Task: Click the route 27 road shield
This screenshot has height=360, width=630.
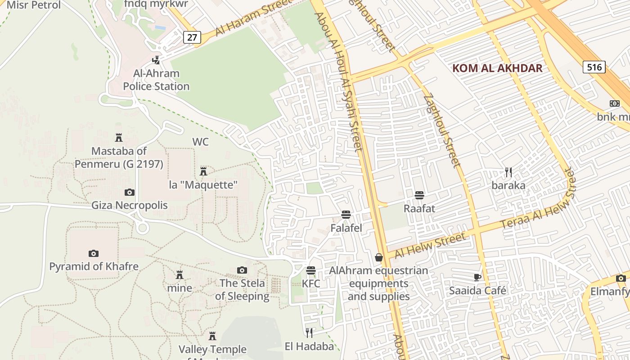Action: tap(192, 37)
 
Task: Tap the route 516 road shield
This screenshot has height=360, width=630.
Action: tap(594, 67)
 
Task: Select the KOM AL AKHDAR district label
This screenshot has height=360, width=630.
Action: tap(497, 68)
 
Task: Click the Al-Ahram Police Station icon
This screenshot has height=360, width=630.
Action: tap(156, 60)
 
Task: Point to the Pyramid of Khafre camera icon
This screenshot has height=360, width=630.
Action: tap(94, 253)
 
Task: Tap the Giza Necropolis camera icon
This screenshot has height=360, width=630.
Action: tap(130, 193)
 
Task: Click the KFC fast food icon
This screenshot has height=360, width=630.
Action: tap(311, 270)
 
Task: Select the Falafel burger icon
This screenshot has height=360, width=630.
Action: tap(346, 215)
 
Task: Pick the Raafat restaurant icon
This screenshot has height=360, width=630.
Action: tap(419, 195)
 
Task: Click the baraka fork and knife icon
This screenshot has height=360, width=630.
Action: tap(508, 172)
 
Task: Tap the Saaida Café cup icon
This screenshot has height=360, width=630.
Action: tap(477, 277)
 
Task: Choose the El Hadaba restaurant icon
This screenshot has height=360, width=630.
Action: tap(309, 333)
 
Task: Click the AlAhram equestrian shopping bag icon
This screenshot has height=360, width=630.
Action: tap(379, 257)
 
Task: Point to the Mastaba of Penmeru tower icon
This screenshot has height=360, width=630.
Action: tap(119, 138)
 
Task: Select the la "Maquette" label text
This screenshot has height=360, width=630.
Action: tap(203, 185)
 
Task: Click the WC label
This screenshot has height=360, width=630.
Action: tap(201, 142)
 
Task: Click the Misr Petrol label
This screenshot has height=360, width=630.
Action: tap(34, 5)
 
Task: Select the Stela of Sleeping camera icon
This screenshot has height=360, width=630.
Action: tap(242, 270)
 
